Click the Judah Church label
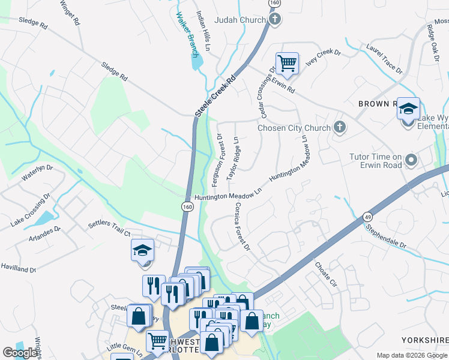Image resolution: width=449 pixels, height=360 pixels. (240, 20)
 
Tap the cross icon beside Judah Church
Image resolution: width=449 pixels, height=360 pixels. (274, 20)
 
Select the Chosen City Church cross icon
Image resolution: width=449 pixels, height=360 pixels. (340, 127)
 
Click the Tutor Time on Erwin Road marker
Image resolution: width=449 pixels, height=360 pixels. (411, 160)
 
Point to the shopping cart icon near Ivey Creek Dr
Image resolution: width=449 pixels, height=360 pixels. (287, 63)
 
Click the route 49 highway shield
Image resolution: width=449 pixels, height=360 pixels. (367, 216)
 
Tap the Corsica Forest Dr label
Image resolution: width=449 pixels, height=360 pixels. (241, 226)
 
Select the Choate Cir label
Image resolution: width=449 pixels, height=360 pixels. (325, 273)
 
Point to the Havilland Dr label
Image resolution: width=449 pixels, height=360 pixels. (18, 267)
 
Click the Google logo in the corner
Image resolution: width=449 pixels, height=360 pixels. (20, 353)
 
